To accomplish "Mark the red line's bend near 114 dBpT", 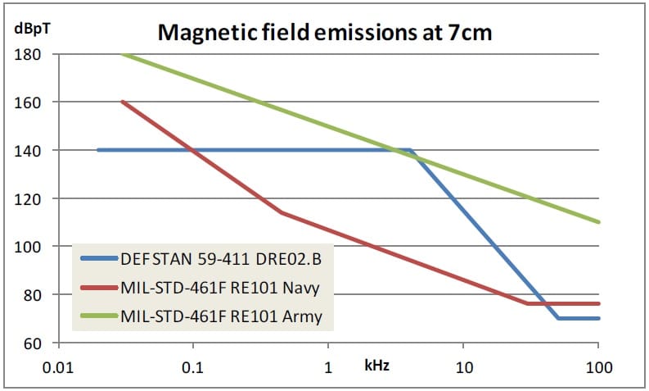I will pos(282,212).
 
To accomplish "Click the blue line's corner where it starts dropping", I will pos(409,150).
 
